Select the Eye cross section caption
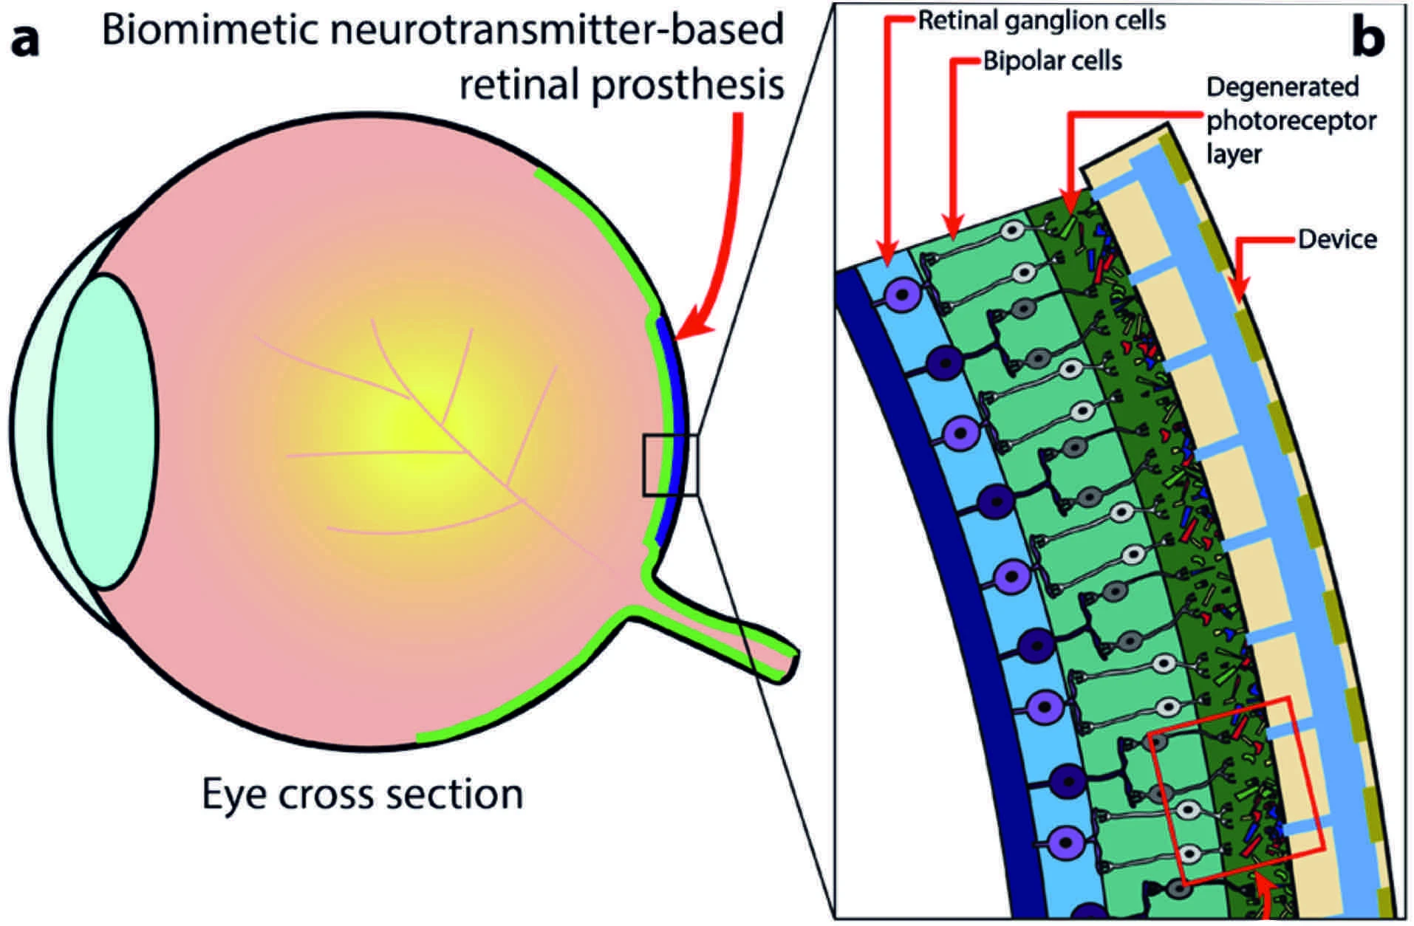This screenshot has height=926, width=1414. coord(362,795)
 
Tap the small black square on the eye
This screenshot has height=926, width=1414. coord(669,465)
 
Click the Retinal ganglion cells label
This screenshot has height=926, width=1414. coord(1041,21)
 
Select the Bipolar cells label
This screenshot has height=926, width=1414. coord(1052,61)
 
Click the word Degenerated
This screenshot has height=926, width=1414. coord(1282,87)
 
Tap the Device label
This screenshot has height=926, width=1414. coord(1337,239)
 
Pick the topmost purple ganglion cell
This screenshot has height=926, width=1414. coord(901,297)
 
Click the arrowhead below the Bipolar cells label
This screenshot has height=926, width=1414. coord(953,228)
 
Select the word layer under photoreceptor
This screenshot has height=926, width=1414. coord(1234,155)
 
